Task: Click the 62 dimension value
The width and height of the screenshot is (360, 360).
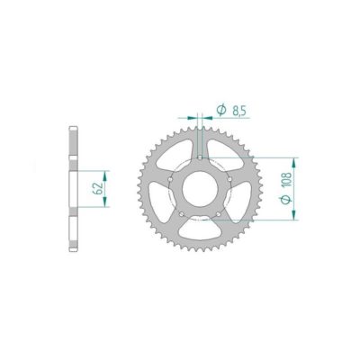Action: pos(96,188)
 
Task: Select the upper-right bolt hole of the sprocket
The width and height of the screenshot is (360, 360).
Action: pos(233,178)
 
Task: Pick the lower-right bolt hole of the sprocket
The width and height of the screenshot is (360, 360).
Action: pos(220,217)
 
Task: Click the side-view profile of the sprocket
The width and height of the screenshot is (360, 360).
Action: pos(72,188)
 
